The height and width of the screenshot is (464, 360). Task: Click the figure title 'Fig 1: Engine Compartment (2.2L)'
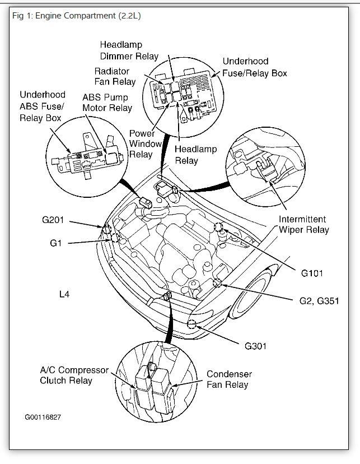[x=77, y=16]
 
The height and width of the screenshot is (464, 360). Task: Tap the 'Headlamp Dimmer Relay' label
[x=129, y=50]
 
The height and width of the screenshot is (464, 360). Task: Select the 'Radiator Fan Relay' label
[x=115, y=76]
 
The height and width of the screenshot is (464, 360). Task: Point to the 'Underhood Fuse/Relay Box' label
[x=255, y=67]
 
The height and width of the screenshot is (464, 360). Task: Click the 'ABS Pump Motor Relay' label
[x=107, y=102]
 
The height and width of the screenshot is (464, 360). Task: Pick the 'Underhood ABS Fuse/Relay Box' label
[x=43, y=106]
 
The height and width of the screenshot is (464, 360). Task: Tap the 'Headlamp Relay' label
[x=194, y=155]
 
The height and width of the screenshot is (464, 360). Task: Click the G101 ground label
[x=312, y=273]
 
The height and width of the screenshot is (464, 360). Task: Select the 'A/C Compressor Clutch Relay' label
[x=73, y=375]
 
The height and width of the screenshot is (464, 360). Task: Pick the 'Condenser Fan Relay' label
[x=229, y=379]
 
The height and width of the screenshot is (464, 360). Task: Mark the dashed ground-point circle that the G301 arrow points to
[x=192, y=323]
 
